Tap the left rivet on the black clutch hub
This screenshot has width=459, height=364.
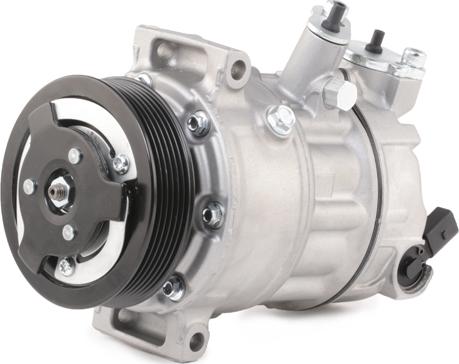point(31,187)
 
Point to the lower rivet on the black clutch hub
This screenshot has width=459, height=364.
point(68,232)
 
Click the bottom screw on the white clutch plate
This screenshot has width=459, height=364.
point(66,267)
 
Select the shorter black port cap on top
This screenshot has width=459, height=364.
point(377,40)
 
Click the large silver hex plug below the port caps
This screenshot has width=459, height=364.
point(340,95)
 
